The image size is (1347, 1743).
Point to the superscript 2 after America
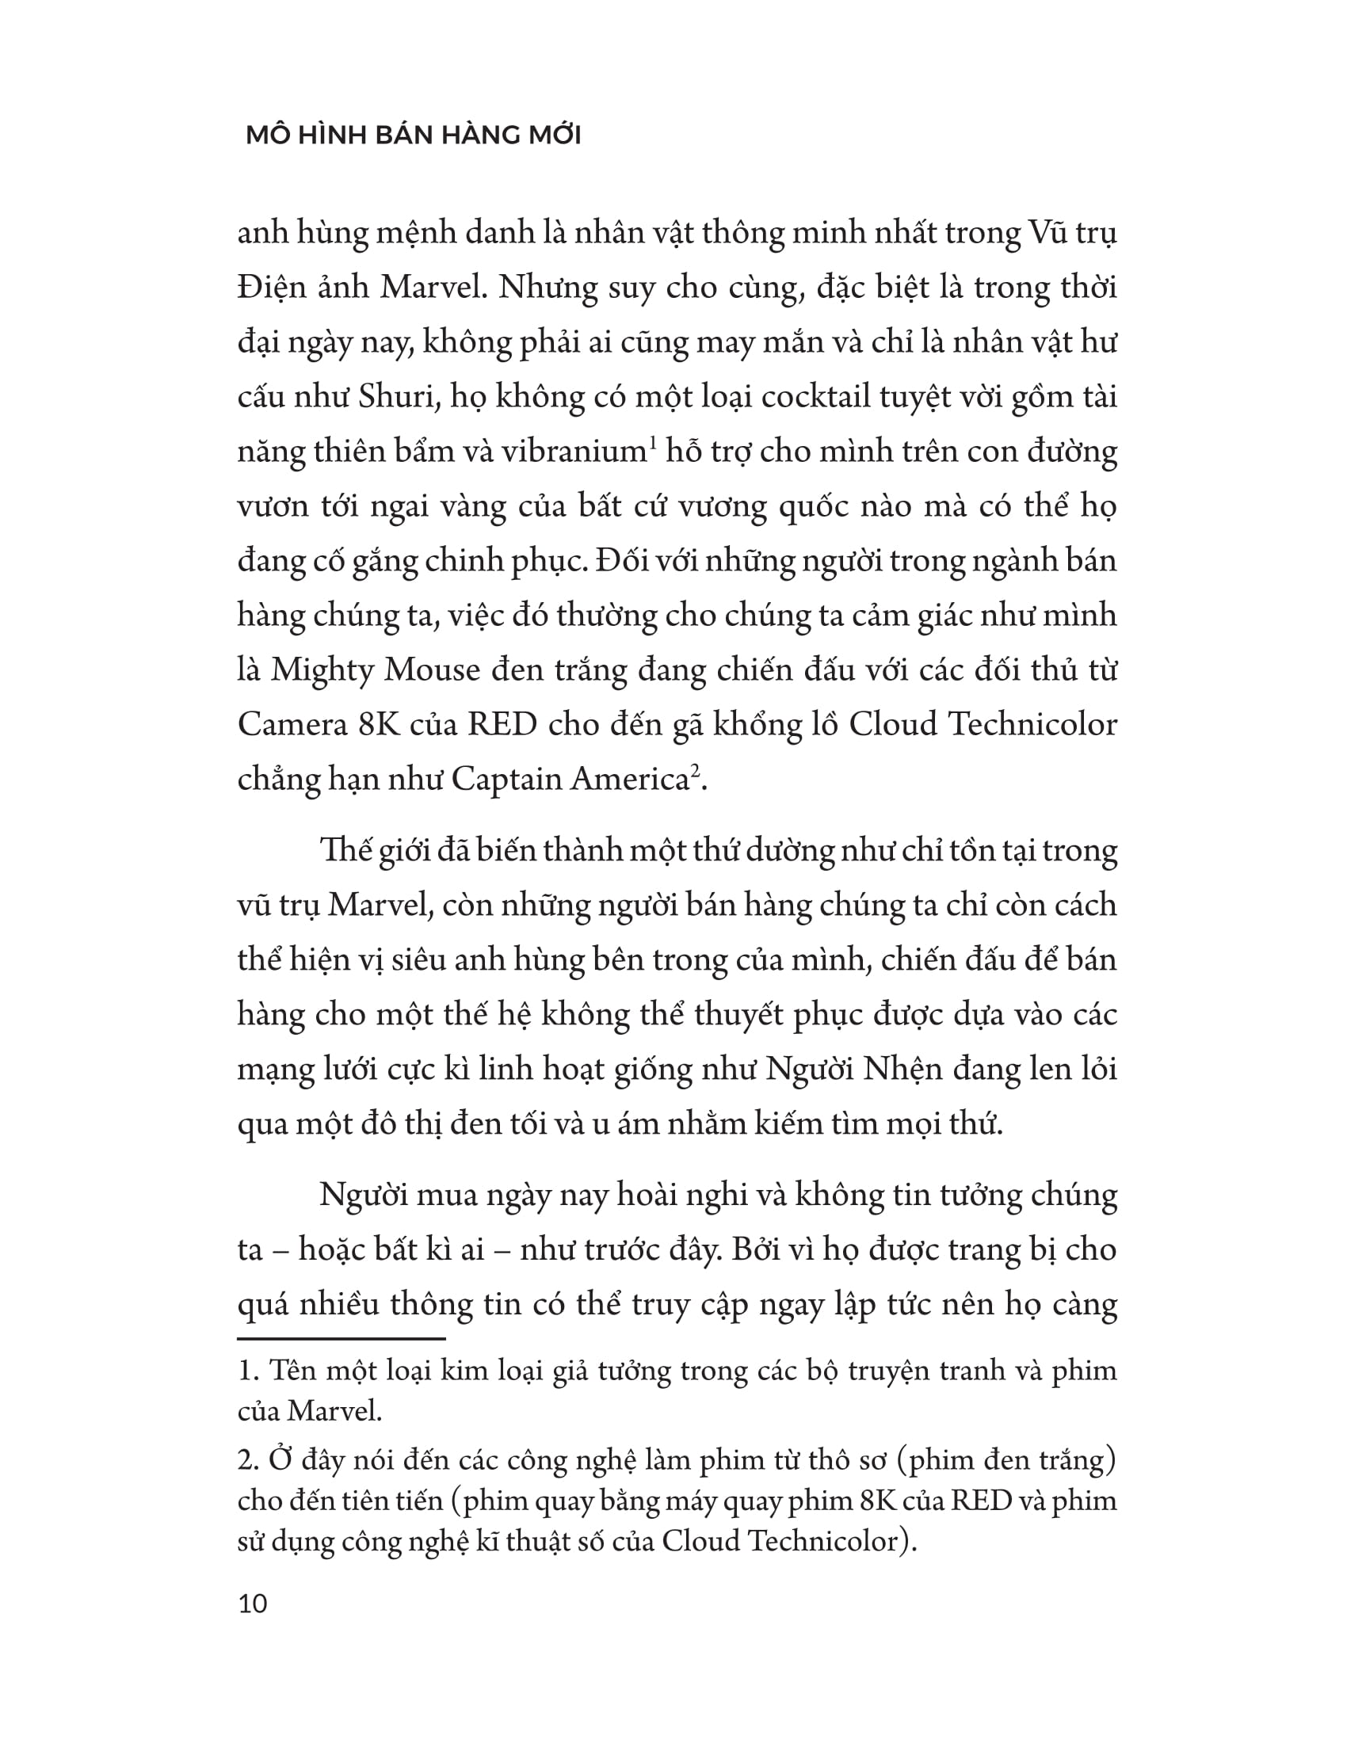[695, 769]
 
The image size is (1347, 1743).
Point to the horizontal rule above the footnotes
[341, 1338]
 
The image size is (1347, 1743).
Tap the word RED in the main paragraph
[502, 725]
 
